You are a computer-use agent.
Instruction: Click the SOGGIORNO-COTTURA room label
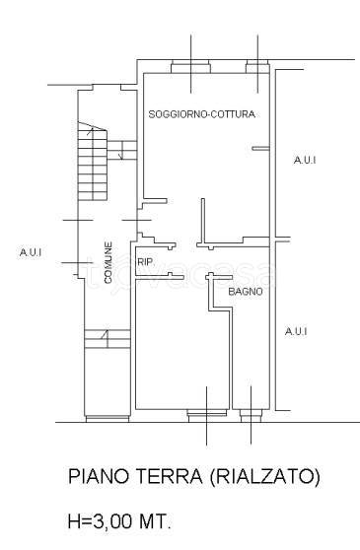point(201,114)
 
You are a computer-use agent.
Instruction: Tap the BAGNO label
point(246,292)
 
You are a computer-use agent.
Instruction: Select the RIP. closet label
point(146,261)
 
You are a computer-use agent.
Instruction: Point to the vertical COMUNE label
point(108,262)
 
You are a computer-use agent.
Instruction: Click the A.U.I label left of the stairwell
point(31,252)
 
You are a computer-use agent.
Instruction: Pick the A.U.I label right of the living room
point(305,160)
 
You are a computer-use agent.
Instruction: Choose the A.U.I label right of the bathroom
point(296,331)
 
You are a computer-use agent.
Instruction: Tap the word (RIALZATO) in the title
point(265,476)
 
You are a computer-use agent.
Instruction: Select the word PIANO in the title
point(99,476)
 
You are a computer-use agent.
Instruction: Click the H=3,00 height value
point(100,521)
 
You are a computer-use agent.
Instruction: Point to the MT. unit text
point(156,521)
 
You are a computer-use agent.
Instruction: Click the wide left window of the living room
point(190,67)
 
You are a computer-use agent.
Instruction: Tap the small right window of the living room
point(257,67)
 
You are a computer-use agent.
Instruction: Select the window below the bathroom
point(251,416)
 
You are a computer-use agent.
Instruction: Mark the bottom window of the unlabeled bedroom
point(207,416)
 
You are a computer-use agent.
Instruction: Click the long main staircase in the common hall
point(93,162)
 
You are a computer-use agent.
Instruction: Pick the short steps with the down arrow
point(121,150)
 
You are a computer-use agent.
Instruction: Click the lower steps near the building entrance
point(108,339)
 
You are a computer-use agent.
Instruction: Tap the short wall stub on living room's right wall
point(260,149)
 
